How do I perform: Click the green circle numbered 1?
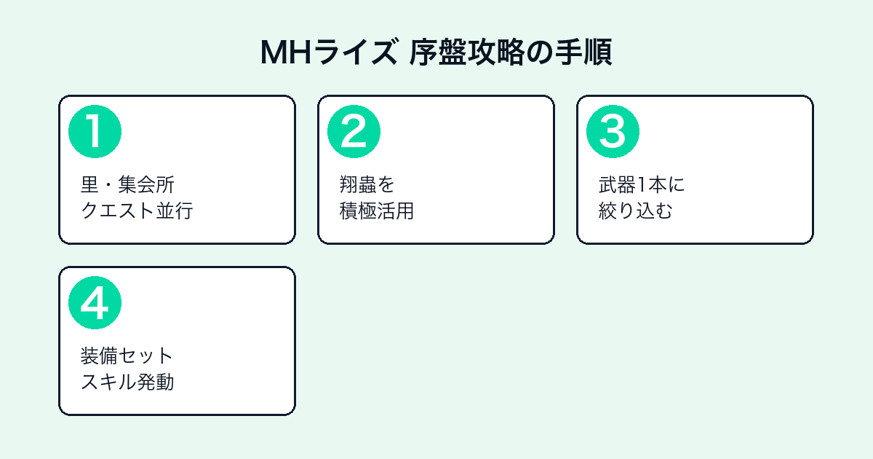(95, 132)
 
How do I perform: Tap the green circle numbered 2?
(354, 132)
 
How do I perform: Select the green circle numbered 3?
(613, 132)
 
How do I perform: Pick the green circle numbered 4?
(95, 303)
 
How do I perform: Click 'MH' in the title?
(286, 52)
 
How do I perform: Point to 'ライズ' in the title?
(356, 52)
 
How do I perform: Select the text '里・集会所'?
(127, 184)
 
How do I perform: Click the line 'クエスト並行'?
(137, 211)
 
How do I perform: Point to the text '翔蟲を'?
(367, 184)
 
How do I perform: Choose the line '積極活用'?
(377, 211)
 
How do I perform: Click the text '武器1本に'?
(642, 184)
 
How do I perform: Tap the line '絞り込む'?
(636, 211)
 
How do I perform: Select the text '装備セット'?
(127, 356)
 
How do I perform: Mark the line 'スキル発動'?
(127, 382)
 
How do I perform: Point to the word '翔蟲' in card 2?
(358, 184)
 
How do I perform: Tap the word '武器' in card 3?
(617, 184)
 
